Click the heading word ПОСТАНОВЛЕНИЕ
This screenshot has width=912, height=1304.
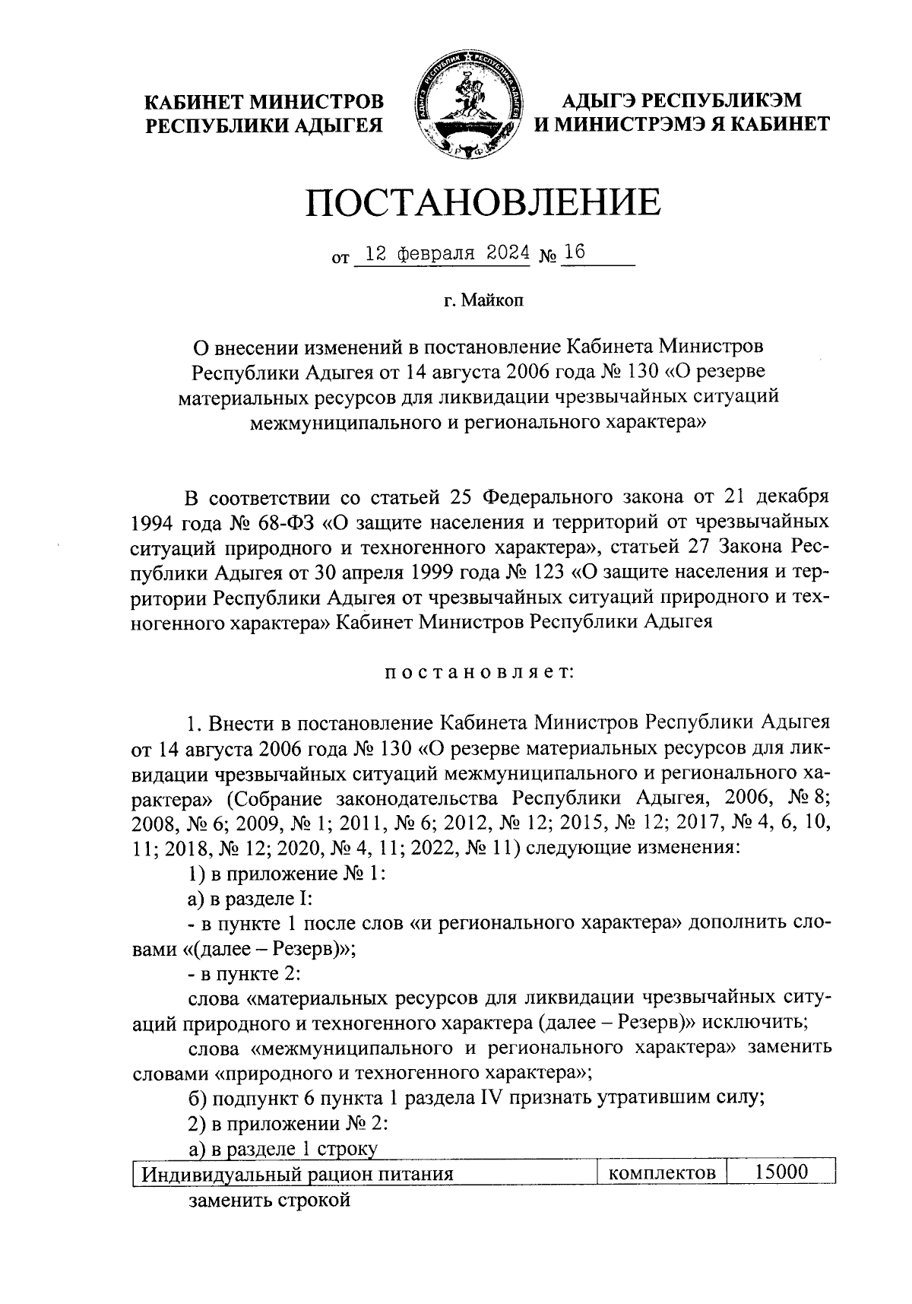point(483,204)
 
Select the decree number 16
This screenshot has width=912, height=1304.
point(575,253)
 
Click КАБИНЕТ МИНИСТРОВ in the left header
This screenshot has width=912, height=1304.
point(264,102)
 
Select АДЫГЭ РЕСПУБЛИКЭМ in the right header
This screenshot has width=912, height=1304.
point(682,100)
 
